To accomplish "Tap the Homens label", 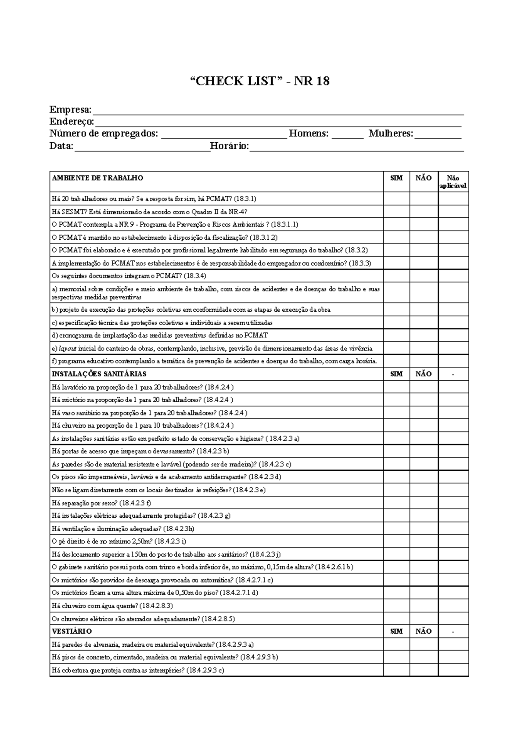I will click(x=308, y=134).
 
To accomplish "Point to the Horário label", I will click(x=229, y=146).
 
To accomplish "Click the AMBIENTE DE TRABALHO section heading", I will click(x=98, y=178).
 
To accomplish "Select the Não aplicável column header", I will click(x=453, y=181).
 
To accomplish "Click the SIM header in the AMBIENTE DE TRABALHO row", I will click(x=396, y=178).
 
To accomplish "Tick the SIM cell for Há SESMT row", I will click(x=396, y=212).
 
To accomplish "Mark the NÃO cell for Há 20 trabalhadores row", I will click(x=423, y=199).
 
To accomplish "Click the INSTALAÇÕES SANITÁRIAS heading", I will click(x=99, y=374).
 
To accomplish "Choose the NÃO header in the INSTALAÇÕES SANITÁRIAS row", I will click(x=423, y=374).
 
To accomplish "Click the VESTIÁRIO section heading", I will click(x=72, y=631).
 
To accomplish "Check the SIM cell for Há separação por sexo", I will click(x=396, y=503).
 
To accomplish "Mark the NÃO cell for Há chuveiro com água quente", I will click(x=423, y=606).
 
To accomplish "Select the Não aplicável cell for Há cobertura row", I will click(x=453, y=670).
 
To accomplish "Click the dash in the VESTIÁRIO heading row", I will click(x=453, y=632).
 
